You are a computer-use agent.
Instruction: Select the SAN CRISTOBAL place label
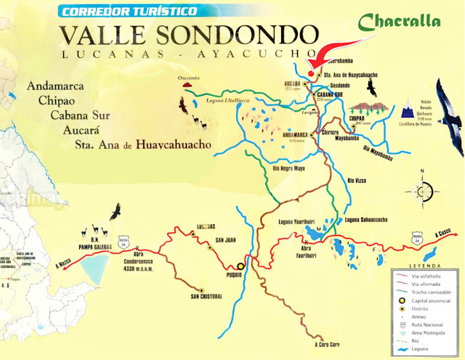(206, 296)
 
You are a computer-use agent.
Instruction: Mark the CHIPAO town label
(356, 117)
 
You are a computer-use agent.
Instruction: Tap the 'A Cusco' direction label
(440, 234)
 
